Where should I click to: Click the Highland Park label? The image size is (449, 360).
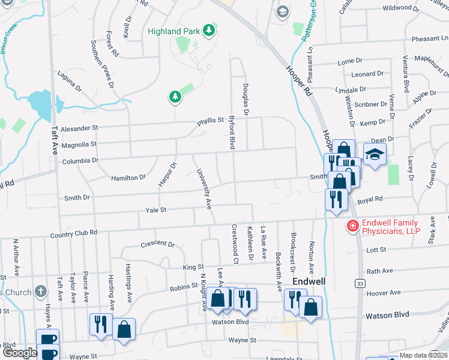[173, 31]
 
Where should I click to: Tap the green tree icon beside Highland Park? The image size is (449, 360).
[209, 30]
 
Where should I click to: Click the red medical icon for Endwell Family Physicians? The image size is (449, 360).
[353, 226]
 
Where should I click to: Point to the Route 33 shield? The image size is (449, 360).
[360, 283]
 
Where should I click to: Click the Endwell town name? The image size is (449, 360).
[309, 281]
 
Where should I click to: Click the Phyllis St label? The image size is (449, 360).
[211, 121]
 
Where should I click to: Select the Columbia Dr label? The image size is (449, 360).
[79, 161]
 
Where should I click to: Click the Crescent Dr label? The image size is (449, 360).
[157, 245]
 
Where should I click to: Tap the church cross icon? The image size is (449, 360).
[41, 292]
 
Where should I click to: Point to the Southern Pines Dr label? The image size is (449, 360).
[102, 64]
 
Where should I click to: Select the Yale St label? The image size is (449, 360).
[155, 210]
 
